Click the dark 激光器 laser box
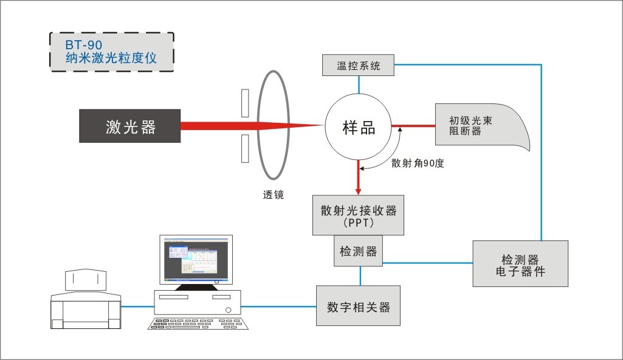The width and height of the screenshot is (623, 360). coord(129,126)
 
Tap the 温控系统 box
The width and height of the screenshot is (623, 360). coord(358,65)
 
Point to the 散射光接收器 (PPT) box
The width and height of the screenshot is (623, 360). coord(358,215)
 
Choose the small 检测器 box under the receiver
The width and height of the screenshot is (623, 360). coord(359,251)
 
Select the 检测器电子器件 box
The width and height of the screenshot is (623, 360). coord(520,263)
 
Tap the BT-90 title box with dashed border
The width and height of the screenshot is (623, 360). coord(111,52)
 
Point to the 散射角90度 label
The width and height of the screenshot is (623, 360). coord(418,163)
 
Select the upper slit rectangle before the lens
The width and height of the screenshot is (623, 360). coord(244,103)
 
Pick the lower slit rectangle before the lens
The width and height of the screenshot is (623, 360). coord(244,148)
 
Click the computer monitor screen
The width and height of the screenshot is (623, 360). coord(196,260)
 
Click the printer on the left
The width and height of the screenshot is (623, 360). coord(84,302)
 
